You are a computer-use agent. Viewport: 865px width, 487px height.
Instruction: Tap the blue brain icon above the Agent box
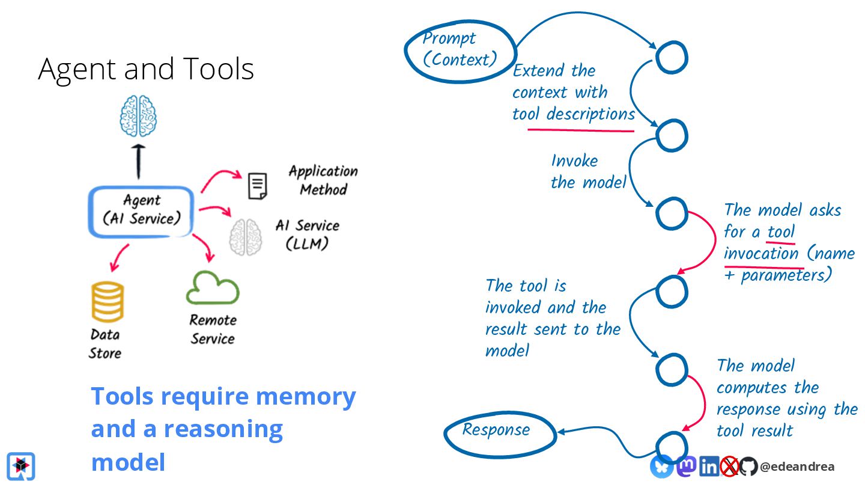tap(138, 116)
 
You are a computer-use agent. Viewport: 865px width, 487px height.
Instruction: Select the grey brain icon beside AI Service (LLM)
tap(246, 237)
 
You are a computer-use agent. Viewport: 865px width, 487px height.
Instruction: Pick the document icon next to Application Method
tap(257, 186)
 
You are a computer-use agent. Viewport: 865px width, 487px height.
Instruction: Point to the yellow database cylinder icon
tap(108, 302)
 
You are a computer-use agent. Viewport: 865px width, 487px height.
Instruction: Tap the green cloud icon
tap(213, 287)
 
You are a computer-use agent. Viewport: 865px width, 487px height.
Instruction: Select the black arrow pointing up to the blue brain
tap(138, 162)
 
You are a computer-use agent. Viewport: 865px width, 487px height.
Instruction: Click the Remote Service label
tap(213, 329)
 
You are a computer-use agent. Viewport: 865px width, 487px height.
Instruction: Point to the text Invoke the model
tap(587, 171)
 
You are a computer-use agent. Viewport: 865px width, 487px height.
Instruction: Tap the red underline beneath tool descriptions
tap(581, 130)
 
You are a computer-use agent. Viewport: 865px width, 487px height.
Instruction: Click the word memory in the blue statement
tap(306, 397)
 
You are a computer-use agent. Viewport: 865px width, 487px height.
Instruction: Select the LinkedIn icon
tap(709, 467)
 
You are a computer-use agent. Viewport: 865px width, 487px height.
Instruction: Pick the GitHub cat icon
tap(748, 467)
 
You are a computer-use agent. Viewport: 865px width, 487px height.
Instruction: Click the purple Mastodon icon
tap(686, 467)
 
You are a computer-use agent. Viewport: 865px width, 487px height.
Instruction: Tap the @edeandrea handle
tap(797, 467)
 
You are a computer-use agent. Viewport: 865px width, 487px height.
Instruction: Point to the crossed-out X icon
tap(729, 467)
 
